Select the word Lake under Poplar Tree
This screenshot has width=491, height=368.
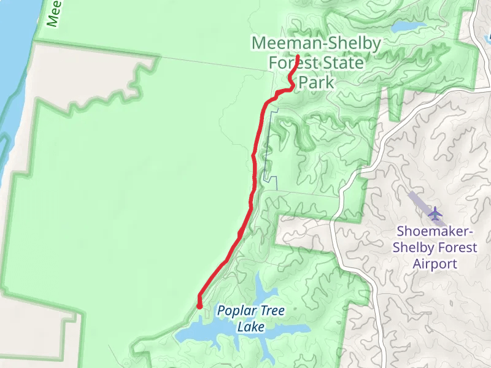[x=251, y=327]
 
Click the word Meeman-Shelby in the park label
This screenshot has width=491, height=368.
[x=316, y=44]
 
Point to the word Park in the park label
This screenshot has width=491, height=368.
[x=317, y=83]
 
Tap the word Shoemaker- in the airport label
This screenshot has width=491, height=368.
[x=435, y=232]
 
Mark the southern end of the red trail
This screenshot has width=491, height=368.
[x=199, y=305]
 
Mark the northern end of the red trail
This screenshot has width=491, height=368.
[x=297, y=57]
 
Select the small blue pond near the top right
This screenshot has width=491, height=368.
[x=408, y=27]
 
